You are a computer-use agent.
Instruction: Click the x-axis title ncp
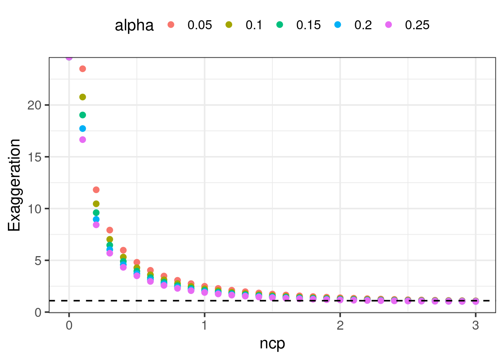pyautogui.click(x=272, y=343)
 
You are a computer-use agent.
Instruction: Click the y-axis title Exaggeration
pyautogui.click(x=14, y=185)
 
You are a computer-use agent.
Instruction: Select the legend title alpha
pyautogui.click(x=134, y=25)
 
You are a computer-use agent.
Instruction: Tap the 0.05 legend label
pyautogui.click(x=199, y=25)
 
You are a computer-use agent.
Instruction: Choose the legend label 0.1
pyautogui.click(x=254, y=25)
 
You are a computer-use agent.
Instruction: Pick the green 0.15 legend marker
pyautogui.click(x=279, y=25)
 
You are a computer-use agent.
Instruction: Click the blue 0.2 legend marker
pyautogui.click(x=337, y=25)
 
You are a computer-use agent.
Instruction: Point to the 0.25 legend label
pyautogui.click(x=417, y=25)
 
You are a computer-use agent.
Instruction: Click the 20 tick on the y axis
pyautogui.click(x=34, y=105)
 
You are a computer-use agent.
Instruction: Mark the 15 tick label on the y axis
pyautogui.click(x=34, y=157)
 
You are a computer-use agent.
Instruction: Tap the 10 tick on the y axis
pyautogui.click(x=34, y=208)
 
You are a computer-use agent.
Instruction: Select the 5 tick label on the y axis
pyautogui.click(x=38, y=261)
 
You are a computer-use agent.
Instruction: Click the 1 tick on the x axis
pyautogui.click(x=204, y=325)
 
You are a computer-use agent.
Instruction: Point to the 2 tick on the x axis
pyautogui.click(x=340, y=325)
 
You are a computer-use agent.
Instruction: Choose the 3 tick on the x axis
pyautogui.click(x=475, y=325)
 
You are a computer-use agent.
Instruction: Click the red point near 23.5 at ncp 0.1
pyautogui.click(x=82, y=69)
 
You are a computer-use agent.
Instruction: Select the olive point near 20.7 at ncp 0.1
pyautogui.click(x=82, y=97)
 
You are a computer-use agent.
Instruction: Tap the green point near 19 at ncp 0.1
pyautogui.click(x=82, y=115)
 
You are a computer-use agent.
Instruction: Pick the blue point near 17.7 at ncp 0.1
pyautogui.click(x=82, y=129)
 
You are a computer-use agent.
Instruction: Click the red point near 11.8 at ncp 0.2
pyautogui.click(x=96, y=190)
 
